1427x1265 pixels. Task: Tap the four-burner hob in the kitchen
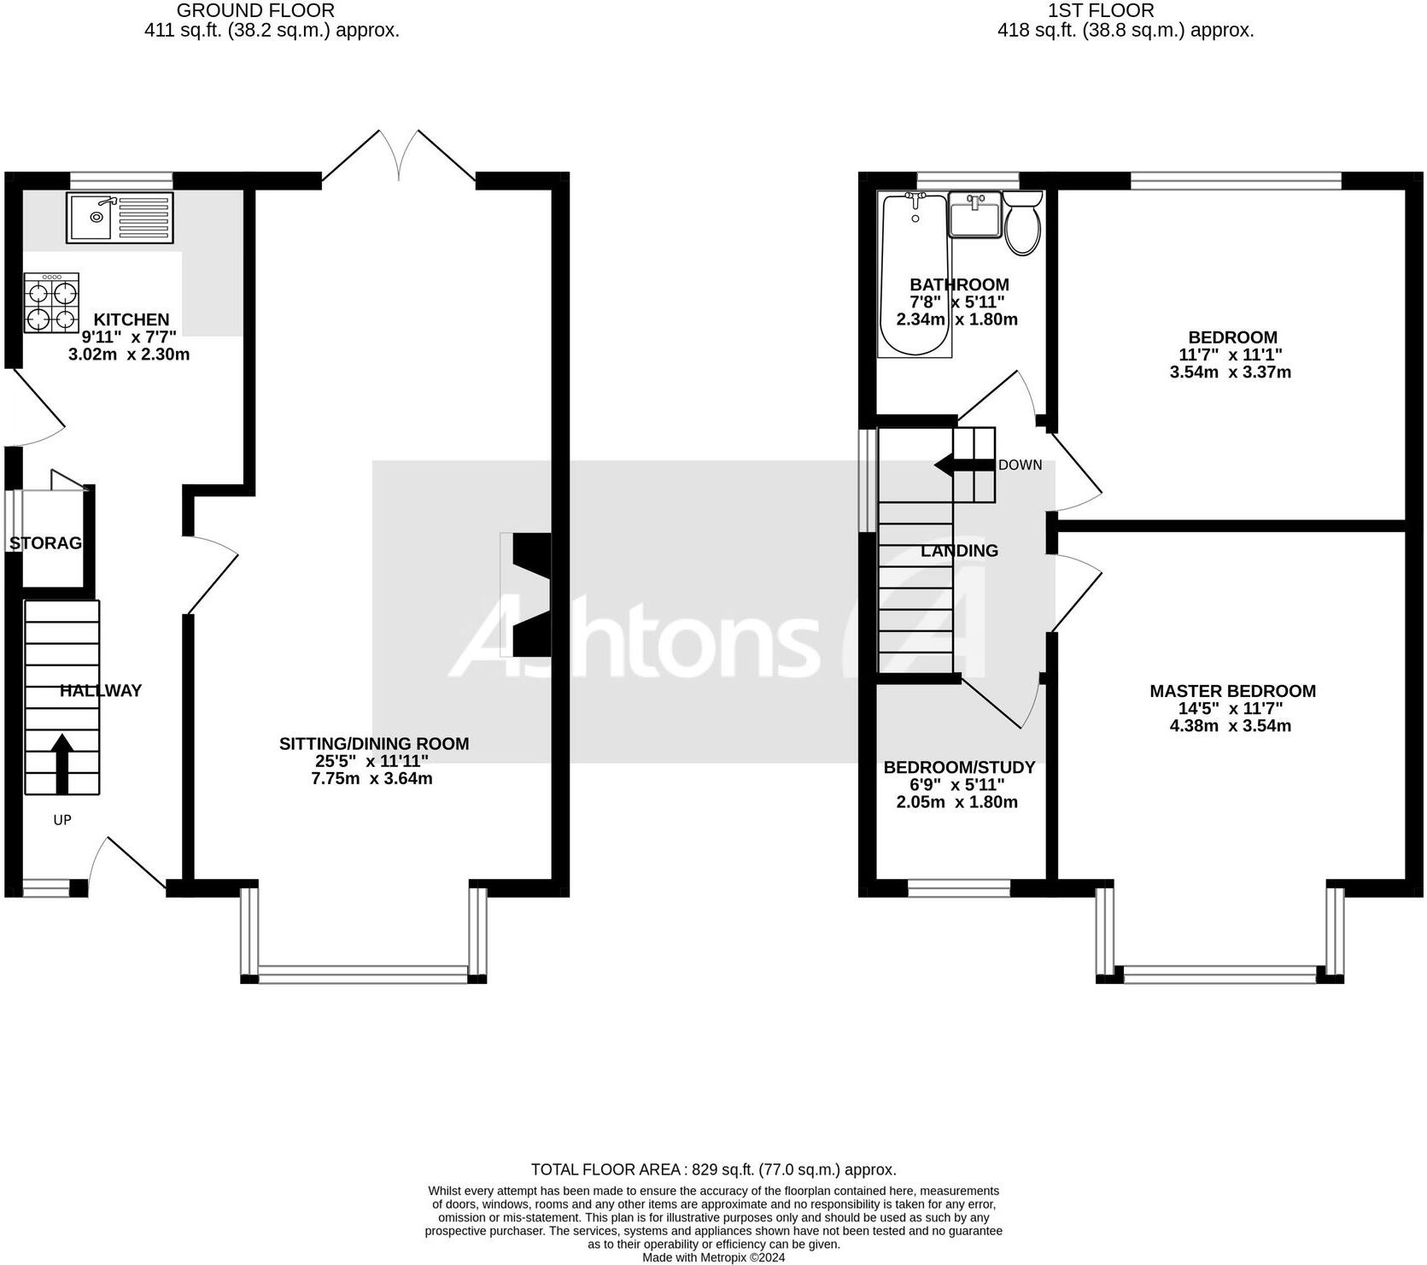pyautogui.click(x=52, y=303)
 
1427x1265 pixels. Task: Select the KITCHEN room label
pyautogui.click(x=131, y=319)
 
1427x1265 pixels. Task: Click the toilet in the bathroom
pyautogui.click(x=1022, y=225)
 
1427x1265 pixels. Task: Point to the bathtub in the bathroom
pyautogui.click(x=915, y=275)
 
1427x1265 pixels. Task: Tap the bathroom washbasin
pyautogui.click(x=974, y=215)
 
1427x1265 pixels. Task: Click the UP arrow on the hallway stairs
pyautogui.click(x=62, y=763)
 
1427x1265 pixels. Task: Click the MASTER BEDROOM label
pyautogui.click(x=1231, y=691)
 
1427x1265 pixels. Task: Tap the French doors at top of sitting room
pyautogui.click(x=399, y=157)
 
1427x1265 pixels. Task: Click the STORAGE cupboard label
pyautogui.click(x=45, y=543)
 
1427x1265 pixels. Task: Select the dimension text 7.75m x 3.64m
pyautogui.click(x=372, y=779)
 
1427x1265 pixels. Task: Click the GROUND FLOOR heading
pyautogui.click(x=255, y=11)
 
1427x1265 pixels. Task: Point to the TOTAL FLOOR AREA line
pyautogui.click(x=713, y=1169)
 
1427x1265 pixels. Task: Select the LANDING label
pyautogui.click(x=958, y=551)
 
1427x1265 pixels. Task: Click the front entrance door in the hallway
pyautogui.click(x=128, y=863)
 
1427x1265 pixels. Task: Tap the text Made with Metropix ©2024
pyautogui.click(x=713, y=1257)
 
